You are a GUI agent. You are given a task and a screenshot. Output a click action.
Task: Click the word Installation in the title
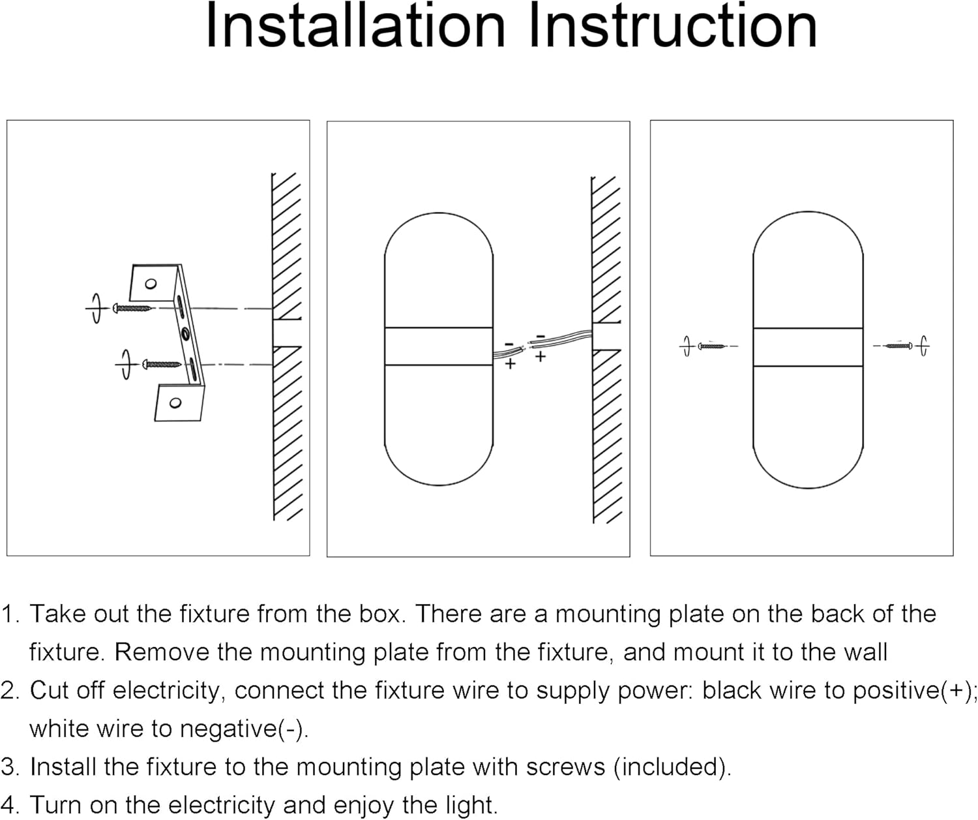click(x=355, y=26)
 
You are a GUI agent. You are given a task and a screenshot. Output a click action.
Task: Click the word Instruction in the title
click(x=672, y=26)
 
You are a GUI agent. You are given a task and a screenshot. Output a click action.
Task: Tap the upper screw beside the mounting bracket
click(x=133, y=307)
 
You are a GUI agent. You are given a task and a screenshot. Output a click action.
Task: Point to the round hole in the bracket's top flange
click(x=151, y=284)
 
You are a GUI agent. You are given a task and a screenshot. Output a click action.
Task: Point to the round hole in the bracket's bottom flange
click(x=175, y=402)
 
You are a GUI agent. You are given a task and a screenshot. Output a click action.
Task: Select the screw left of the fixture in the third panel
click(x=711, y=346)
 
